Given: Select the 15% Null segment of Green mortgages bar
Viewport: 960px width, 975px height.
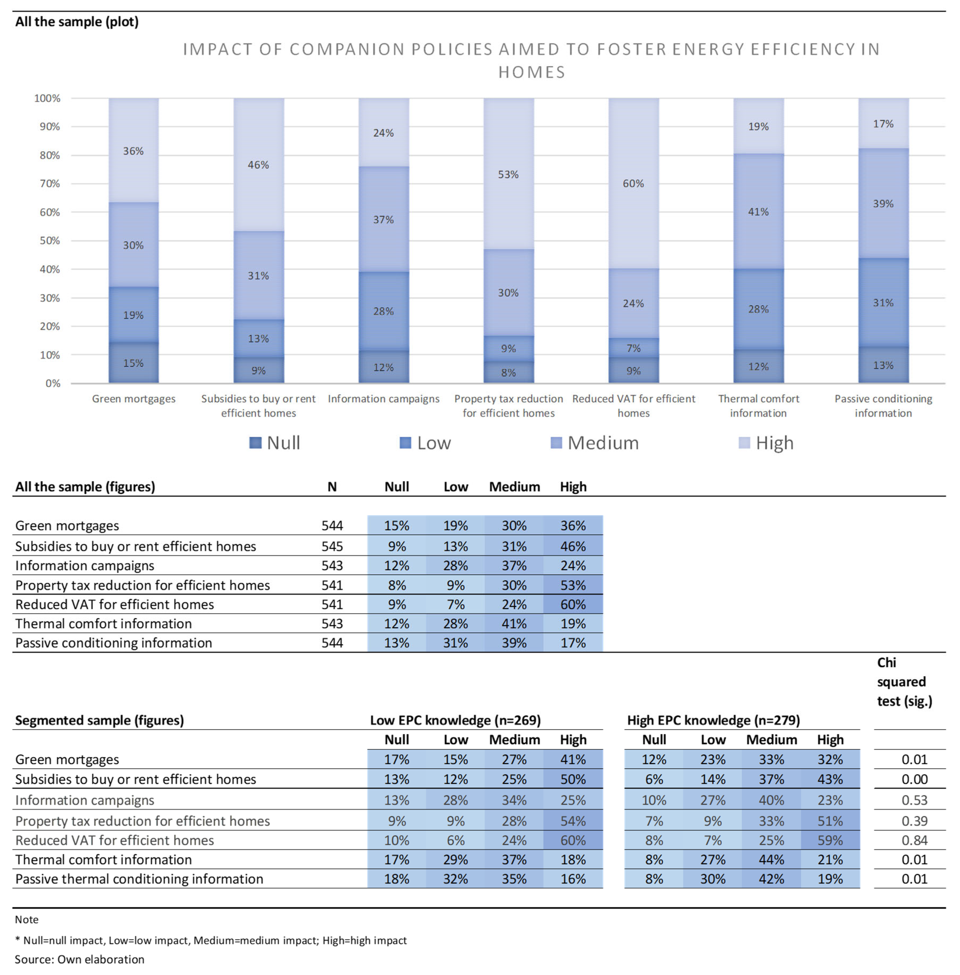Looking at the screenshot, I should [x=133, y=363].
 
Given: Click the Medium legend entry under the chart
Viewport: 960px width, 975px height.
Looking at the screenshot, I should [x=595, y=443].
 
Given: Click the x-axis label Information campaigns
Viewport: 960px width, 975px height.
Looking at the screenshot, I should [x=384, y=399].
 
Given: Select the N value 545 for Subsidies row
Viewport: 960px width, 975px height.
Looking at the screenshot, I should [x=332, y=546].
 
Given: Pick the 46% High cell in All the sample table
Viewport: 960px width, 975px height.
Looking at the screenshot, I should [x=573, y=546].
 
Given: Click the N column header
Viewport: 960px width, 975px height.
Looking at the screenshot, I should [x=332, y=487].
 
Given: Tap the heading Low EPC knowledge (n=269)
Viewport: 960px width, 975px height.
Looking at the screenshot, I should [x=455, y=720].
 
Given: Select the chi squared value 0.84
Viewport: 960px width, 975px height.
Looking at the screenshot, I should [x=914, y=840].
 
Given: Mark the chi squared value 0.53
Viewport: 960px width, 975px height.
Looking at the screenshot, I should [x=914, y=800].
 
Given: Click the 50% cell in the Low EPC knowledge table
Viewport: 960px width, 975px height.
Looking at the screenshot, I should [x=573, y=779].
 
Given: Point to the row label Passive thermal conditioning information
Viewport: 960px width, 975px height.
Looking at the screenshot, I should [x=139, y=879].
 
